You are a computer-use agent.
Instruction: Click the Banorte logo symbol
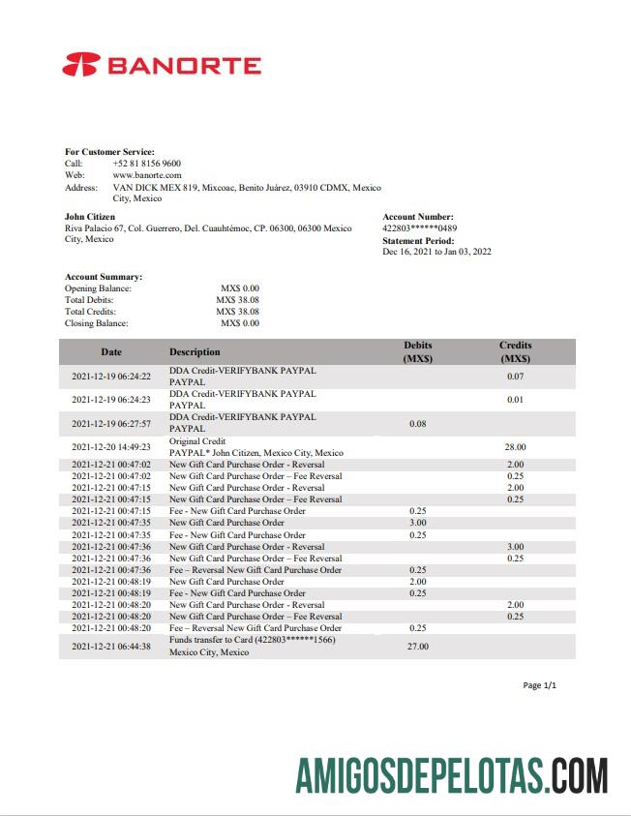[x=80, y=66]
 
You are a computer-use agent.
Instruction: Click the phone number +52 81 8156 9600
[x=146, y=164]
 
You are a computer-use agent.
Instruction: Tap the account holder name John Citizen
[x=89, y=217]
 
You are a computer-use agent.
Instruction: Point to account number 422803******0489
[x=420, y=228]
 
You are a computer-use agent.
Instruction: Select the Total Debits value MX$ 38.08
[x=237, y=300]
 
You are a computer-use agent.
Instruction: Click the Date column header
[x=111, y=352]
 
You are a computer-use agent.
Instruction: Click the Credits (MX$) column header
[x=515, y=351]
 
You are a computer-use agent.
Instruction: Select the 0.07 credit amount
[x=515, y=377]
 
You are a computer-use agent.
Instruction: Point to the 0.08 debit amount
[x=418, y=423]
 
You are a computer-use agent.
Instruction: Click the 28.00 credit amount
[x=515, y=447]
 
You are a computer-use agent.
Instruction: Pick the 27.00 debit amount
[x=418, y=646]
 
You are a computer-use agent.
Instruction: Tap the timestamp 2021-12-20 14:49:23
[x=111, y=447]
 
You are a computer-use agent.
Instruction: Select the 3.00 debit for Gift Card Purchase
[x=418, y=523]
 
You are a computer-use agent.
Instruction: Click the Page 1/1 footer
[x=539, y=685]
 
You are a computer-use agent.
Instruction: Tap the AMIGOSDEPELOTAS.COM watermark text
[x=452, y=777]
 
